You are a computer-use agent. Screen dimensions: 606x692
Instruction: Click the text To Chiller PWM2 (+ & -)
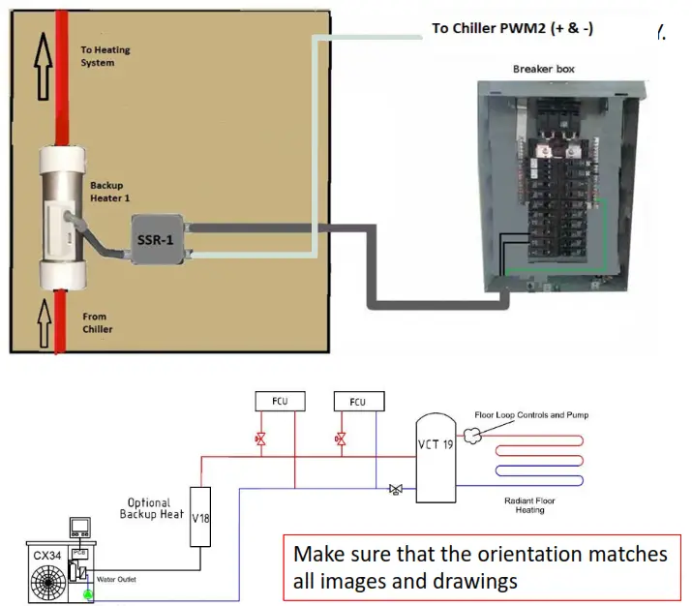click(x=512, y=28)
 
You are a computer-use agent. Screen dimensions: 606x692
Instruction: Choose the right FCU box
click(x=358, y=400)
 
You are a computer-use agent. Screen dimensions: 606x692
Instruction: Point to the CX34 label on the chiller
click(x=45, y=554)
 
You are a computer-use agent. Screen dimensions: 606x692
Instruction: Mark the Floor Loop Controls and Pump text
click(x=531, y=415)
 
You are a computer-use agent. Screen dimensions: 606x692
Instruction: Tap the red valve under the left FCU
click(x=260, y=439)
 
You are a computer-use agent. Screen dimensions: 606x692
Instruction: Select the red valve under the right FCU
click(x=340, y=439)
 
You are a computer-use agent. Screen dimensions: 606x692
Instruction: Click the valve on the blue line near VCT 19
click(x=395, y=490)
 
